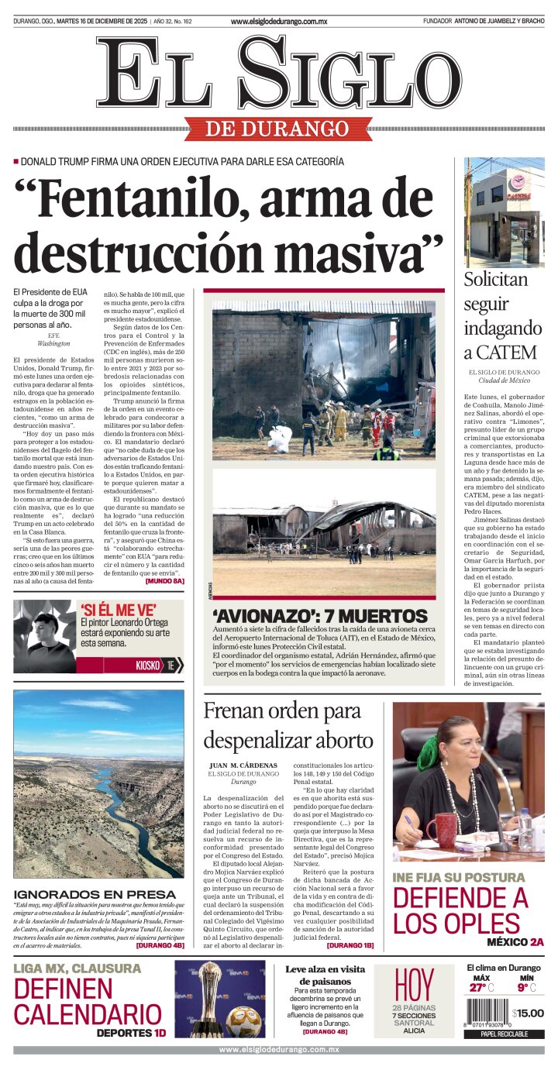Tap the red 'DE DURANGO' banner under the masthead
[x=277, y=129]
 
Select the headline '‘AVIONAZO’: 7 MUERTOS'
[x=319, y=616]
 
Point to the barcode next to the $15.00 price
[x=486, y=1013]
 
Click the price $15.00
[x=528, y=1013]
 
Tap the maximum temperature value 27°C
[x=480, y=987]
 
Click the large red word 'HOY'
[x=414, y=985]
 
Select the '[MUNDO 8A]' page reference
[x=164, y=580]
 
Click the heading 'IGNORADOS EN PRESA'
[x=95, y=894]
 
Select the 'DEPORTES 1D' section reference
[x=131, y=1032]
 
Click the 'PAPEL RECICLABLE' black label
[x=504, y=1034]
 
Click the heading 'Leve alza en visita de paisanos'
[x=325, y=975]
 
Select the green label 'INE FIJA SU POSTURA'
[x=457, y=877]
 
